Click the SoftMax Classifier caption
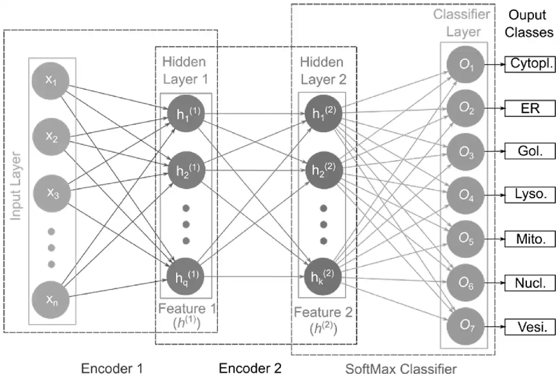coord(401,369)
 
